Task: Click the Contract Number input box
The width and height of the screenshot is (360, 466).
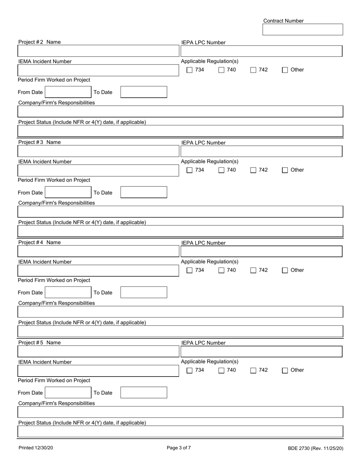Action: click(x=302, y=30)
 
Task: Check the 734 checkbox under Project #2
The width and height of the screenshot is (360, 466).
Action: click(x=190, y=70)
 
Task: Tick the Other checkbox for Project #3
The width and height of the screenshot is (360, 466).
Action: click(x=285, y=170)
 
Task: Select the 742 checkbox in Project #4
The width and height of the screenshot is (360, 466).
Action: click(x=254, y=271)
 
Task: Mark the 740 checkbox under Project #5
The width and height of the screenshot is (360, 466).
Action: click(x=221, y=371)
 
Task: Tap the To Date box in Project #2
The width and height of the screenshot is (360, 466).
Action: click(x=144, y=92)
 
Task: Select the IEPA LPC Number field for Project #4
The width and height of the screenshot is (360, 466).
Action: click(x=261, y=252)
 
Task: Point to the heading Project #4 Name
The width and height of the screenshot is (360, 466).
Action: click(x=39, y=242)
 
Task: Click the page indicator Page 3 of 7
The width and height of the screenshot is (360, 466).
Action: click(x=179, y=448)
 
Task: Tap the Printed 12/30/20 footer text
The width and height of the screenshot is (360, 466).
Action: click(x=36, y=448)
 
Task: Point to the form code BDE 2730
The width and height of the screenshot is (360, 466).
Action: click(x=315, y=448)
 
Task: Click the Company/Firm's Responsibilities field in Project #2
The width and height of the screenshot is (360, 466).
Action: click(x=180, y=112)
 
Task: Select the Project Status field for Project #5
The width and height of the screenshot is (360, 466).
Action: click(x=180, y=432)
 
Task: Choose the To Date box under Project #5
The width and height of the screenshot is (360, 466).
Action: click(x=144, y=393)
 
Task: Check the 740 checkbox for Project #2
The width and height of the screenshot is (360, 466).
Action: click(x=221, y=70)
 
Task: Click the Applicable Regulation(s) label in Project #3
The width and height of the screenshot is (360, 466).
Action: click(x=210, y=161)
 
